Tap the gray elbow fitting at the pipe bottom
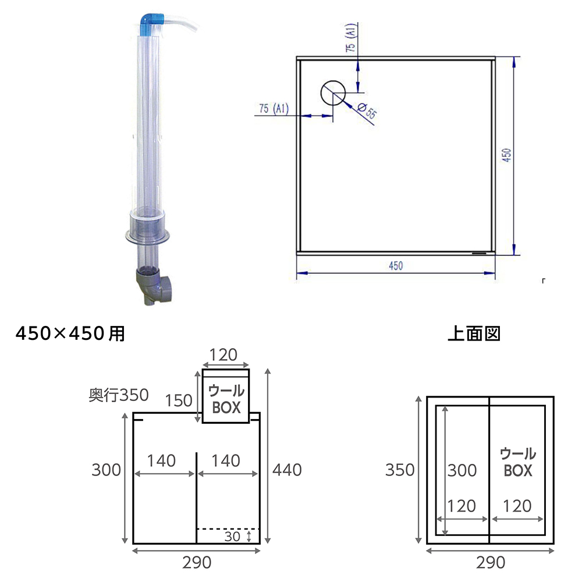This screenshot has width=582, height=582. coord(153,286)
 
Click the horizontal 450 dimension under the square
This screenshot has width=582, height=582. coord(396,266)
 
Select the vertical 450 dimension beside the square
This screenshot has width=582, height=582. coord(507,155)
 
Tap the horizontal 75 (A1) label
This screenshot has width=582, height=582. coord(274,108)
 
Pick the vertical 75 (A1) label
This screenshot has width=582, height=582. coord(351,37)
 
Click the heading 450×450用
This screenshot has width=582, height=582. coord(70,333)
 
